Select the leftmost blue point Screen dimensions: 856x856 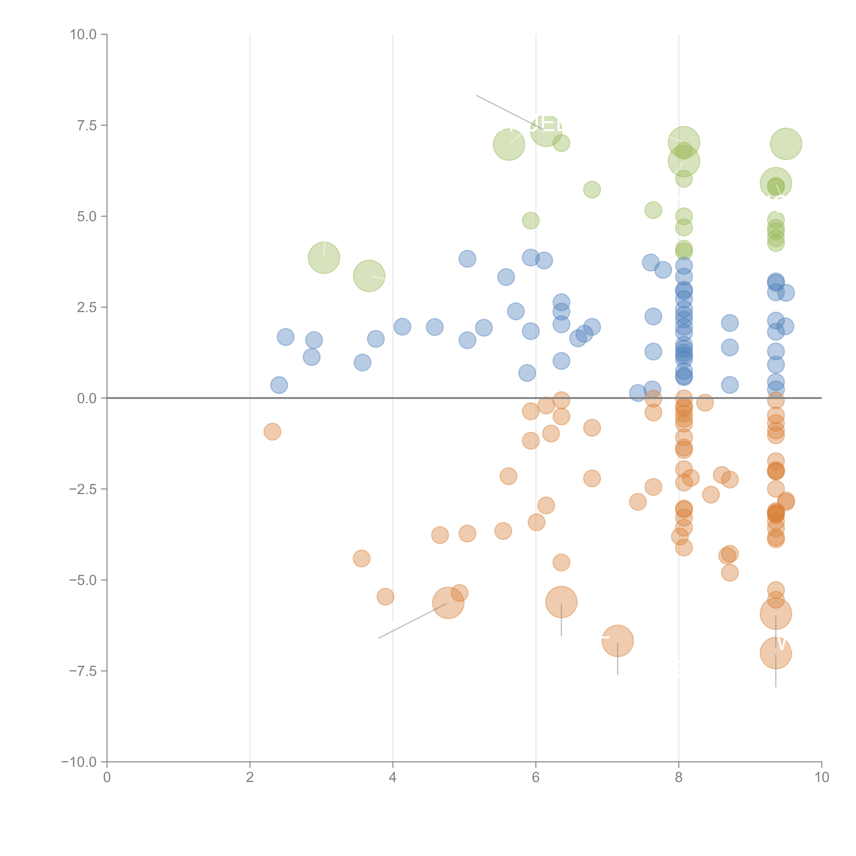click(279, 385)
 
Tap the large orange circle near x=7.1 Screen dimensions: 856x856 click(617, 641)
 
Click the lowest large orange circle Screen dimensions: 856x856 click(775, 653)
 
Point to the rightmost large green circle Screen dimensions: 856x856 click(786, 144)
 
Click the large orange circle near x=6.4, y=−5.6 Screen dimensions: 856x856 click(561, 602)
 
